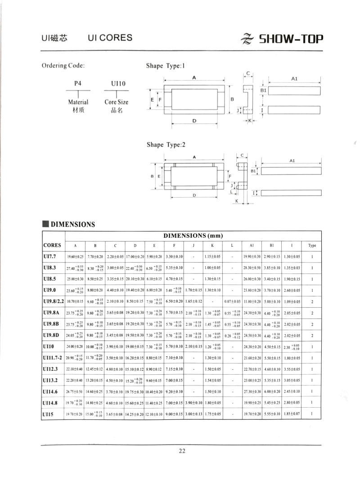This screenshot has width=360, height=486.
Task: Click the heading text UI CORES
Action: click(110, 38)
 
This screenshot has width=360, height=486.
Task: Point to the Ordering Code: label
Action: click(63, 66)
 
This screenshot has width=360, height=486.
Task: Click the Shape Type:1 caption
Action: click(166, 66)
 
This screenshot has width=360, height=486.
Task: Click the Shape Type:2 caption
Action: click(166, 145)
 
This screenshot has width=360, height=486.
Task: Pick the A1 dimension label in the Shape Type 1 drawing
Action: click(294, 78)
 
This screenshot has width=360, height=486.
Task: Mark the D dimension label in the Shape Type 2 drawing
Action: click(194, 195)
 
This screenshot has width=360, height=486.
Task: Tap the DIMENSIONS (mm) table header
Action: click(193, 236)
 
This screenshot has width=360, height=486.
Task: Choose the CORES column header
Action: click(53, 245)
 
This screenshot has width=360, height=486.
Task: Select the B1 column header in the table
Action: click(272, 246)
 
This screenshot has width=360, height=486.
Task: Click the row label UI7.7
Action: click(49, 256)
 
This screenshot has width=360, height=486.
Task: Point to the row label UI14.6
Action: click(50, 392)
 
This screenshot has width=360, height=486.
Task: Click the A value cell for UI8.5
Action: click(75, 279)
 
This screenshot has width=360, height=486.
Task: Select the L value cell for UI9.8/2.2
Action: click(232, 301)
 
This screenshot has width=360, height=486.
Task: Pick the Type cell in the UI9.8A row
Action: click(312, 313)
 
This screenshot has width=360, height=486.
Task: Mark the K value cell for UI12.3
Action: click(212, 369)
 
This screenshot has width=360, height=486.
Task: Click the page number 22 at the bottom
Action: click(182, 451)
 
